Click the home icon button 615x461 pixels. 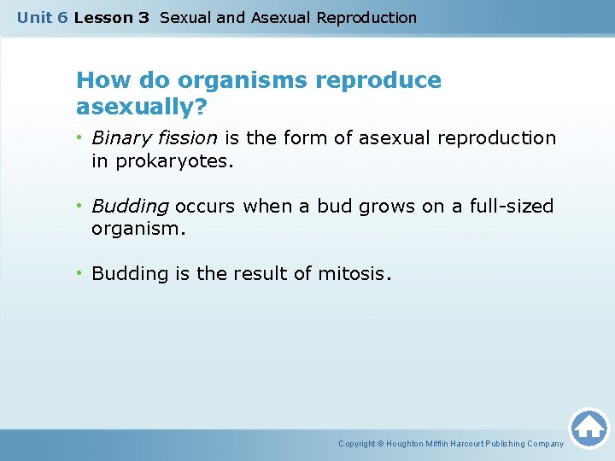click(589, 428)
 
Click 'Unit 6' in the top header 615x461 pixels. click(42, 18)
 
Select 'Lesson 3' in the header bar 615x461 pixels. click(111, 18)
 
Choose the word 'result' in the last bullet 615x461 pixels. click(258, 274)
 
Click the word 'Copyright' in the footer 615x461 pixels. click(357, 444)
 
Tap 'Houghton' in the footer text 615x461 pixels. click(412, 444)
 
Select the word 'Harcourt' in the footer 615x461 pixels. click(474, 444)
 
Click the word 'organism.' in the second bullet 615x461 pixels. click(138, 230)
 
